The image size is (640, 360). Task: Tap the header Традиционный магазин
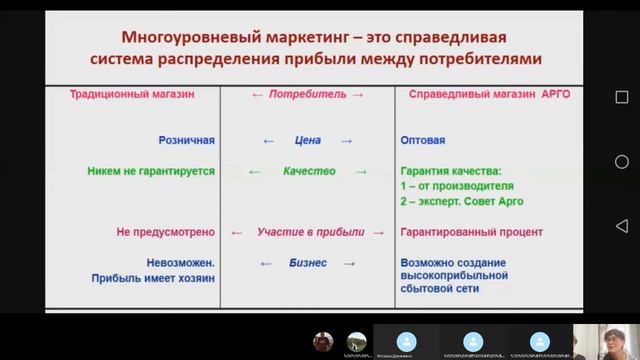tap(131, 93)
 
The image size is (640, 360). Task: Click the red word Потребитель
tap(308, 93)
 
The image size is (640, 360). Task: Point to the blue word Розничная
tap(186, 141)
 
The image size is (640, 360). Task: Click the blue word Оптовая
tap(422, 141)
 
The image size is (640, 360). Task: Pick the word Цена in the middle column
tap(308, 141)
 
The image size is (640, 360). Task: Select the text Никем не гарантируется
tap(150, 171)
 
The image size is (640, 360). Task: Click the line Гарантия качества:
tap(450, 171)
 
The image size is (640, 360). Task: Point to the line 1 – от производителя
tap(456, 186)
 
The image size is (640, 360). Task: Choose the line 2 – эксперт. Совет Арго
tap(461, 201)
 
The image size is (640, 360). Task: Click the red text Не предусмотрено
tap(165, 232)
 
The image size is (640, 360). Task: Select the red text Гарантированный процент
tap(471, 232)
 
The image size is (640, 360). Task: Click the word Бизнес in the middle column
tap(308, 263)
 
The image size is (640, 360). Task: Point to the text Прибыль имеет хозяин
tap(152, 279)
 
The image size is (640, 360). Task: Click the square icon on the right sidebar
tap(621, 97)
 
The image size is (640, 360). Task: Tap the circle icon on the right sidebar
tap(621, 162)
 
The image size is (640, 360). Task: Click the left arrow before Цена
tap(268, 141)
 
